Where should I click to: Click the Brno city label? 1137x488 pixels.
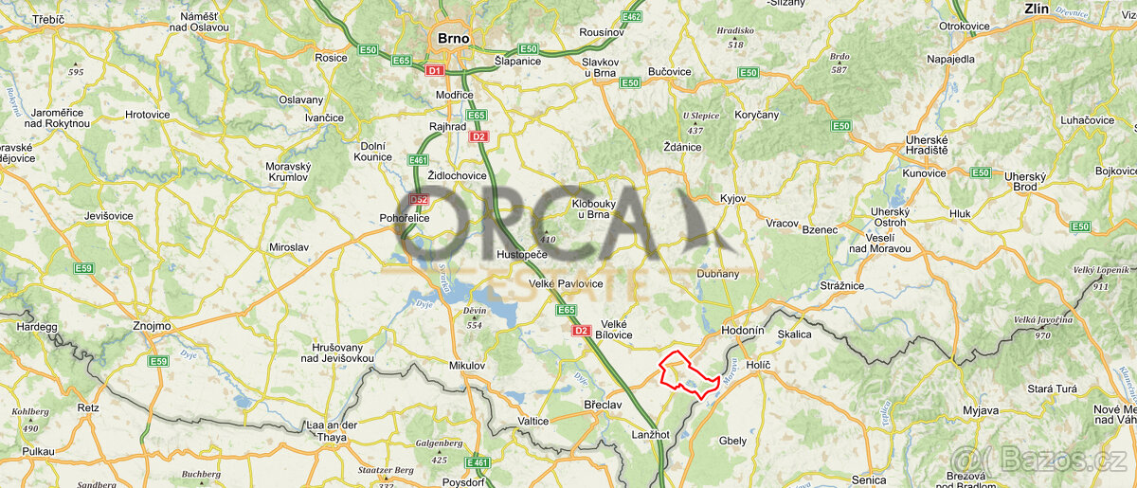pyautogui.click(x=451, y=39)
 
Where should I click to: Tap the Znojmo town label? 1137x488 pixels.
pyautogui.click(x=152, y=326)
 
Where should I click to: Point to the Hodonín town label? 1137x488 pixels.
pyautogui.click(x=742, y=331)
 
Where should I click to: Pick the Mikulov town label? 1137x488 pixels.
pyautogui.click(x=466, y=365)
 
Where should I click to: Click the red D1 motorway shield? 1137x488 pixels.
pyautogui.click(x=435, y=70)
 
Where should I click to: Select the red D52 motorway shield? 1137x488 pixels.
pyautogui.click(x=419, y=200)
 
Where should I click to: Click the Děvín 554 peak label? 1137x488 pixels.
pyautogui.click(x=475, y=317)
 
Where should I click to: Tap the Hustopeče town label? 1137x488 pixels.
pyautogui.click(x=522, y=256)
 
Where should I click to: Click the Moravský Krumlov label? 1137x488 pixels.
pyautogui.click(x=287, y=172)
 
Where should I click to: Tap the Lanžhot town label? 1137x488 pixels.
pyautogui.click(x=650, y=434)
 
